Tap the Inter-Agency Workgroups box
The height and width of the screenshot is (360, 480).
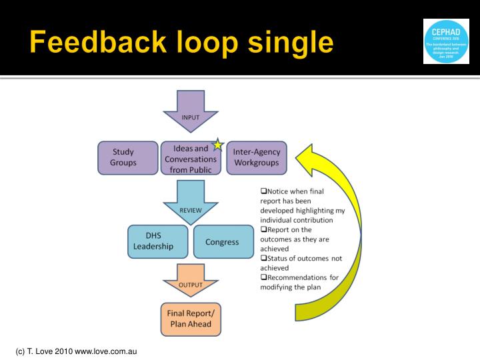[256, 157]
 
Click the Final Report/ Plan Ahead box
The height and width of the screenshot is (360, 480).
[190, 319]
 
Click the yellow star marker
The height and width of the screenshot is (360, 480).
[217, 145]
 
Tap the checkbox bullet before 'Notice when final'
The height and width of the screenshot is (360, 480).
[263, 191]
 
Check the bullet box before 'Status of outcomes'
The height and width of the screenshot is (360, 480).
[263, 258]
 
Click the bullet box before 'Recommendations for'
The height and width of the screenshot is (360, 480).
[263, 277]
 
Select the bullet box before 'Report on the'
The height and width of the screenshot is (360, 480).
[263, 229]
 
